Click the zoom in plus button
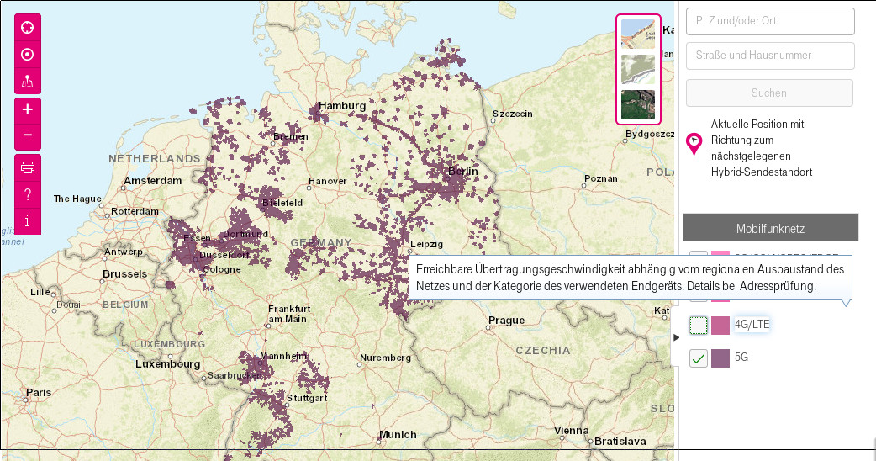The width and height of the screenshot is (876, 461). (x=28, y=109)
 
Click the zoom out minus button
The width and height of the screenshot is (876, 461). (x=28, y=135)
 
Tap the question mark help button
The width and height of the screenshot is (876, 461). (x=28, y=194)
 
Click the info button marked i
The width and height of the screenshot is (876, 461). (x=28, y=220)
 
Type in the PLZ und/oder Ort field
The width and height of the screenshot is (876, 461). (x=770, y=21)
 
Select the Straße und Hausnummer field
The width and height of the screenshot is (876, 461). (x=770, y=56)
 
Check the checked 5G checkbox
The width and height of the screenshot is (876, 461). (x=699, y=358)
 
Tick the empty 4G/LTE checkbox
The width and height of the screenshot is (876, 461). (x=699, y=326)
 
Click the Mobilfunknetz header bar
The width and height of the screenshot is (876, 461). (x=770, y=228)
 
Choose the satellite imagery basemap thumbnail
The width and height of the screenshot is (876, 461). (x=638, y=104)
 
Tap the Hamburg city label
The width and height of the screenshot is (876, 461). (x=342, y=106)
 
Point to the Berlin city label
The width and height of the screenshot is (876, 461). (x=462, y=171)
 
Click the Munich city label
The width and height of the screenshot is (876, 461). (x=397, y=435)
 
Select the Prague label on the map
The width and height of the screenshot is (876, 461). (x=506, y=321)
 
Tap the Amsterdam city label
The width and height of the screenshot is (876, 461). (x=152, y=181)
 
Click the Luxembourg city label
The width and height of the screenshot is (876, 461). (x=169, y=365)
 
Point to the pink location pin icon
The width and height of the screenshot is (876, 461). (x=694, y=144)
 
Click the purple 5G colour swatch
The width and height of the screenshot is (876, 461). (x=720, y=358)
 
